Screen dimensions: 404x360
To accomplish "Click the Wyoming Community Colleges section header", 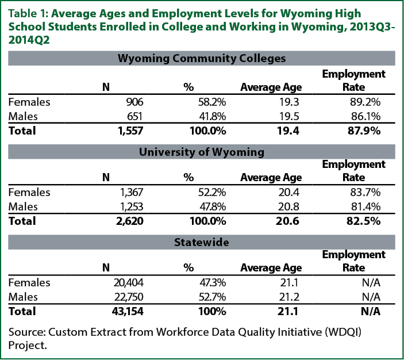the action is pos(202,58).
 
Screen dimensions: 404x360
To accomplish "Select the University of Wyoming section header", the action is pos(202,152).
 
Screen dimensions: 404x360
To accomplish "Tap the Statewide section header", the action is pos(202,242).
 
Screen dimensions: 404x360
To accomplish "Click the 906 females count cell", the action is pos(134,102).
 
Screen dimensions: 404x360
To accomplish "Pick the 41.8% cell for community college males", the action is pos(213,116).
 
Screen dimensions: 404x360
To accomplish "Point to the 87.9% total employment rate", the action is pos(364,131).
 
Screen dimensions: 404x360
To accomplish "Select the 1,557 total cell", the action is pos(130,131).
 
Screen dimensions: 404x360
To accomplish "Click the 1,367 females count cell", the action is pos(132,193).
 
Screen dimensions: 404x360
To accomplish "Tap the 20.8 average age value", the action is pos(288,206).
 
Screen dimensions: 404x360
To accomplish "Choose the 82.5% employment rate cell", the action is pos(363,221).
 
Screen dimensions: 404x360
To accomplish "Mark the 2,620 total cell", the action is pos(130,221).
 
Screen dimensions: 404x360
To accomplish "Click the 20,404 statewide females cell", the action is pos(129,282).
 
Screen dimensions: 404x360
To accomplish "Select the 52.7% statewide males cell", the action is pos(212,297).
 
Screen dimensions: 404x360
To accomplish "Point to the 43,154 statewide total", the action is pos(128,311).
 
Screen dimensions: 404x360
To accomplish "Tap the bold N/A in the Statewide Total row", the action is pos(371,311).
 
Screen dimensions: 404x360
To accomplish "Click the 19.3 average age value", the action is pos(289,102).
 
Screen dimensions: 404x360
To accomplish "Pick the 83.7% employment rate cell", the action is pos(365,193).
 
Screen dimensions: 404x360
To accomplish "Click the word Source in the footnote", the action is pos(28,332).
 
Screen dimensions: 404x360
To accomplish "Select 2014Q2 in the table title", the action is pos(29,40).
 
